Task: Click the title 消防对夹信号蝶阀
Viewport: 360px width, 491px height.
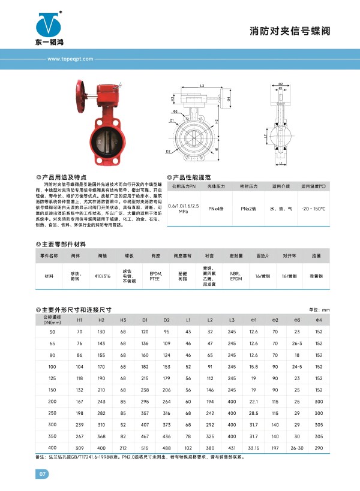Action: pyautogui.click(x=290, y=31)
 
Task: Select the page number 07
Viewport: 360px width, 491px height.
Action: pyautogui.click(x=43, y=475)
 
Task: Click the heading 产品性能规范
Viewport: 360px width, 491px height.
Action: pyautogui.click(x=192, y=177)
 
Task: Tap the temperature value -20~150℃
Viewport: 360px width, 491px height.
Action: pyautogui.click(x=313, y=208)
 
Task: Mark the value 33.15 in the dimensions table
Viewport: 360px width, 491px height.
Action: pyautogui.click(x=253, y=447)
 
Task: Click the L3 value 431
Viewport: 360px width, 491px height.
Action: pyautogui.click(x=232, y=447)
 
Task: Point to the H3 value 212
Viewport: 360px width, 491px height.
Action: pyautogui.click(x=123, y=447)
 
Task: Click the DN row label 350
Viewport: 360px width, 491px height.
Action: pyautogui.click(x=52, y=436)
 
